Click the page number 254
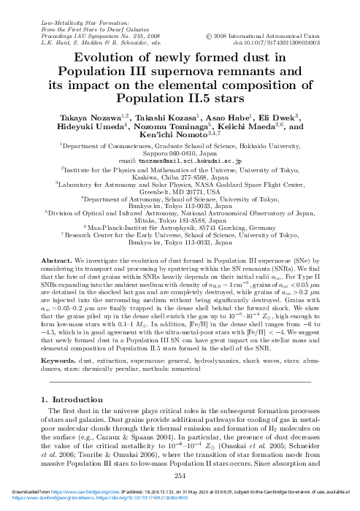pos(180,475)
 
